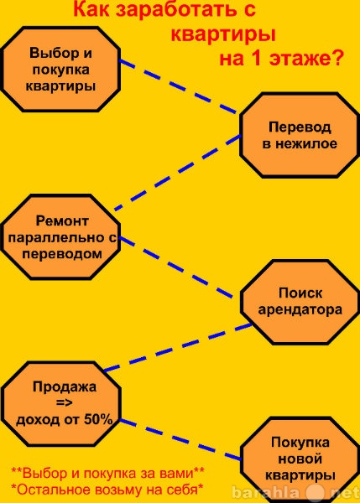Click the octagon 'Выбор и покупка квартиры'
click(60, 69)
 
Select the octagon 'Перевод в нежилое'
click(300, 135)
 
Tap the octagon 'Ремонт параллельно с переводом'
click(60, 237)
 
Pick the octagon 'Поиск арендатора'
click(300, 302)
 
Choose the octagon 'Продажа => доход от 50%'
click(61, 403)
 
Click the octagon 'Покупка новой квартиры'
click(300, 459)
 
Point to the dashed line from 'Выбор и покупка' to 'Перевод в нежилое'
click(178, 86)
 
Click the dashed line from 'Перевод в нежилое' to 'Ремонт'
click(178, 173)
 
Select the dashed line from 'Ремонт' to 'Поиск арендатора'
click(176, 268)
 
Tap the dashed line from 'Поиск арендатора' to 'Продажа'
click(178, 348)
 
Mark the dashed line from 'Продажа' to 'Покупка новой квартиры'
click(180, 439)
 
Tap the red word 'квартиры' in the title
click(223, 34)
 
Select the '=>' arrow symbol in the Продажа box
click(65, 402)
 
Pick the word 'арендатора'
click(300, 310)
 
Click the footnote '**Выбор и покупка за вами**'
click(107, 473)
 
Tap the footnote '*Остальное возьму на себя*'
click(107, 490)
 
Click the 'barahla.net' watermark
click(295, 492)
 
